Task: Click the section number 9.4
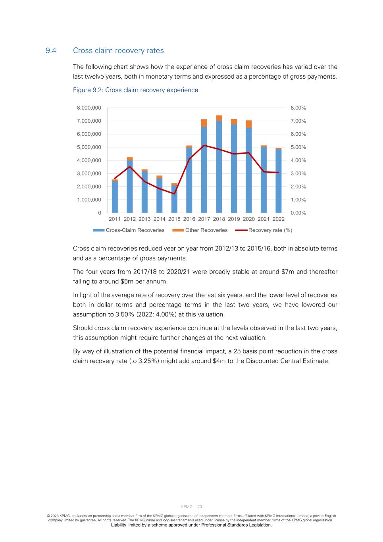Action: click(x=51, y=50)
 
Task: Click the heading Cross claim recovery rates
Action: click(x=118, y=50)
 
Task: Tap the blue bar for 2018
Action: click(x=219, y=167)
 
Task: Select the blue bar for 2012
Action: click(x=130, y=187)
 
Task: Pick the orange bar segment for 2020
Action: click(x=249, y=124)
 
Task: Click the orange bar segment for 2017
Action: click(x=204, y=123)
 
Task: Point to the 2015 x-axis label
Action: click(x=174, y=219)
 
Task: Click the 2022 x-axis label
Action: click(x=279, y=219)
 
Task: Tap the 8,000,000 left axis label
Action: click(x=89, y=108)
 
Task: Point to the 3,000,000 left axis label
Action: click(x=89, y=174)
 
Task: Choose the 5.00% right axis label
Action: click(x=298, y=147)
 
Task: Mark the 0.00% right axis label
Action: click(x=298, y=213)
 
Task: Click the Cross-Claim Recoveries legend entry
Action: click(x=135, y=230)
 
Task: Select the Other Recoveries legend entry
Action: click(x=206, y=230)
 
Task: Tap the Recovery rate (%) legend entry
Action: click(x=270, y=230)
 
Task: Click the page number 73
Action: click(x=200, y=507)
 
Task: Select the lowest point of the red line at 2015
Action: click(x=174, y=194)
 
